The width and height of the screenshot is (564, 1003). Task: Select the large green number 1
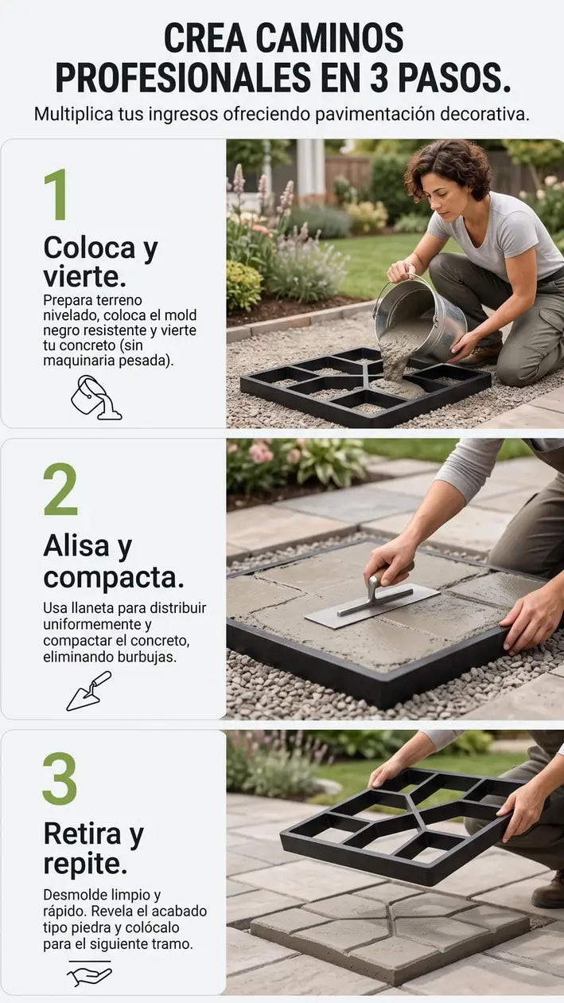tap(56, 194)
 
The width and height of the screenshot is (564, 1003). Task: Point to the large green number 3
tap(60, 779)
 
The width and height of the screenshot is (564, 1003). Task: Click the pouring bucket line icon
tap(95, 398)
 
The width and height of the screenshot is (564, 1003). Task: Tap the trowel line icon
tap(89, 691)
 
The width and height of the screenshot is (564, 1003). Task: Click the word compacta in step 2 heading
tap(114, 578)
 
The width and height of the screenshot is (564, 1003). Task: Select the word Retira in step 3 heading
tap(83, 833)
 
